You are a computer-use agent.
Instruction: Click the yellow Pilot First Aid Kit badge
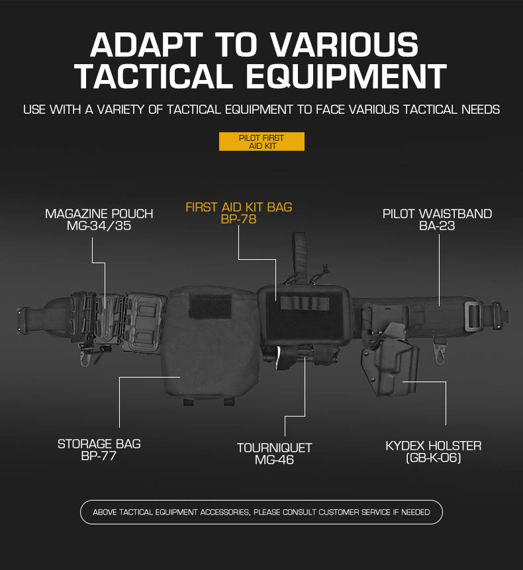tap(261, 142)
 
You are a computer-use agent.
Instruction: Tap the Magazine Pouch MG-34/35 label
tap(99, 220)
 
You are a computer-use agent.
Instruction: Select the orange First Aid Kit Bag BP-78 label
tap(239, 213)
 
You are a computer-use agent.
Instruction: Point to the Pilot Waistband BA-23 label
tap(437, 220)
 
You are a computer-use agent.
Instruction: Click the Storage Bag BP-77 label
tap(99, 450)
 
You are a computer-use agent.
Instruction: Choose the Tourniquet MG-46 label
tap(275, 454)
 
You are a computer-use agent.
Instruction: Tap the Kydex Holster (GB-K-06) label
tap(434, 452)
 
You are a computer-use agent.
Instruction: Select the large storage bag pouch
tap(211, 345)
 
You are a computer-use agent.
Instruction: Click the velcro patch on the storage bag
tap(210, 306)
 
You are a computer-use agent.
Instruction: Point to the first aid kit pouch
tap(305, 315)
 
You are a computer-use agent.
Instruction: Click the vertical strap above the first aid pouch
tap(299, 257)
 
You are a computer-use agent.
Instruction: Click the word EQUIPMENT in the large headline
tap(346, 76)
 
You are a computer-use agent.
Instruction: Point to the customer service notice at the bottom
tap(261, 512)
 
